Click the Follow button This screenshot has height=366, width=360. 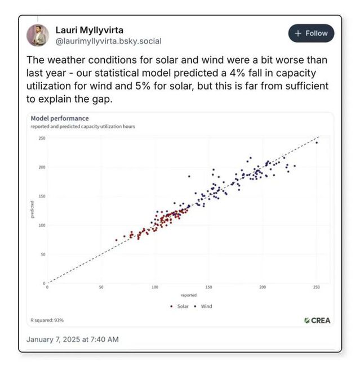pyautogui.click(x=311, y=33)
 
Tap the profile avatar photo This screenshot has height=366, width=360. pyautogui.click(x=38, y=35)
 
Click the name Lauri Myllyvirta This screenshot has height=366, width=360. pyautogui.click(x=90, y=29)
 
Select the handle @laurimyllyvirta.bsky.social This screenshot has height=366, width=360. pyautogui.click(x=108, y=41)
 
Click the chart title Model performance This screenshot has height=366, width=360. pyautogui.click(x=59, y=118)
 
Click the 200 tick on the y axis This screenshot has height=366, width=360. pyautogui.click(x=42, y=168)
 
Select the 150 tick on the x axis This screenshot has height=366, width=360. pyautogui.click(x=208, y=288)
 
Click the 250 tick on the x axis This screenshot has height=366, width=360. pyautogui.click(x=316, y=288)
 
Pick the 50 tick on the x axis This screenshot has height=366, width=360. pyautogui.click(x=101, y=288)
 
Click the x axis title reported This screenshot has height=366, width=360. pyautogui.click(x=188, y=295)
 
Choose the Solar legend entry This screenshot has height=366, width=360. pyautogui.click(x=180, y=306)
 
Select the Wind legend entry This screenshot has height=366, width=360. pyautogui.click(x=204, y=306)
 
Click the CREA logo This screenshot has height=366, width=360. pyautogui.click(x=317, y=320)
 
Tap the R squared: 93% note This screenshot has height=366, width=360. pyautogui.click(x=47, y=320)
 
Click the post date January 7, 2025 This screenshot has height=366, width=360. pyautogui.click(x=73, y=340)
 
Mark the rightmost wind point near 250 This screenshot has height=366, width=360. pyautogui.click(x=317, y=142)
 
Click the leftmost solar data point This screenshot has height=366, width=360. pyautogui.click(x=117, y=240)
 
